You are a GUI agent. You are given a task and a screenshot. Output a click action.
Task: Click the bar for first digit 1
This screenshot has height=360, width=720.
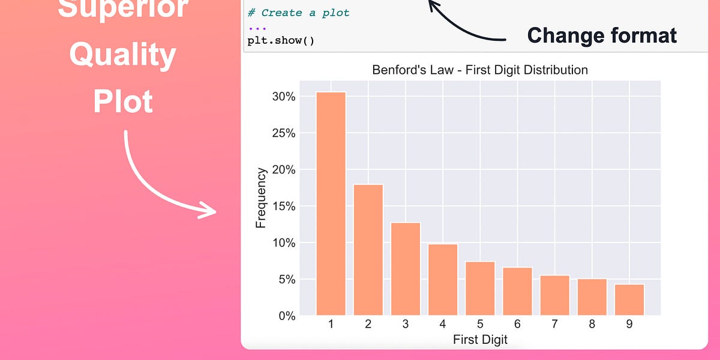tap(331, 204)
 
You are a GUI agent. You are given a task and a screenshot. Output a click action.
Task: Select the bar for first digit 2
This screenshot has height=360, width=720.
tap(368, 250)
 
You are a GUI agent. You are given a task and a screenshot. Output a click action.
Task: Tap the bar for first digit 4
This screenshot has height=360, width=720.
tap(443, 280)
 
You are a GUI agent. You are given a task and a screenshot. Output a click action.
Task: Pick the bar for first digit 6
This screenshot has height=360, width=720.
tap(517, 292)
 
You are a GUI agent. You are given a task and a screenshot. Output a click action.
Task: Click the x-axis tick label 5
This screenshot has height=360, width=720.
tap(480, 325)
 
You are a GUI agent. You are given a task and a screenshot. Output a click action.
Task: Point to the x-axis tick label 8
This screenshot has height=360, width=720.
tap(592, 325)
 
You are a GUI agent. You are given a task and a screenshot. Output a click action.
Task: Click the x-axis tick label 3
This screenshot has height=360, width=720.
tap(406, 325)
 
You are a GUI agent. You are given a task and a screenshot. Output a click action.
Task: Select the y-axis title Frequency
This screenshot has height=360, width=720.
tap(261, 198)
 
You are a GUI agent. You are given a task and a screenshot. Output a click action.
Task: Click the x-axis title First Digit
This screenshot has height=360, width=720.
tap(480, 340)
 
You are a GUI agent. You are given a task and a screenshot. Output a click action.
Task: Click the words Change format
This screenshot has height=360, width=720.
tap(602, 35)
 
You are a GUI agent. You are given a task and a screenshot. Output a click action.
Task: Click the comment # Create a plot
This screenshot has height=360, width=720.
tap(298, 13)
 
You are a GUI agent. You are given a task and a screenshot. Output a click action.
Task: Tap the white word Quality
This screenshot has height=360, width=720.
tap(123, 56)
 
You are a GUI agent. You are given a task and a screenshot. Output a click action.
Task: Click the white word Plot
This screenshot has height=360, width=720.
tap(123, 101)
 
